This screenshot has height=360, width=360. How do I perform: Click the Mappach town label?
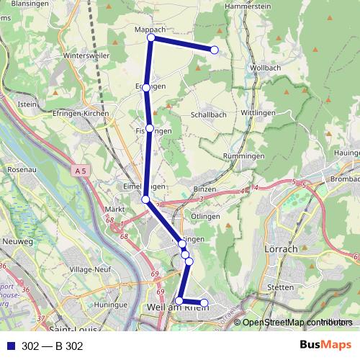(x=150, y=29)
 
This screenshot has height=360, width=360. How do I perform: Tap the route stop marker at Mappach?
(x=150, y=37)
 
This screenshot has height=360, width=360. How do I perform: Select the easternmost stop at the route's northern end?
(x=214, y=50)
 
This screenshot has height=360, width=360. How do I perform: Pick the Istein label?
(x=27, y=105)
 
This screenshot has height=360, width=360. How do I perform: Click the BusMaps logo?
(x=325, y=345)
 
